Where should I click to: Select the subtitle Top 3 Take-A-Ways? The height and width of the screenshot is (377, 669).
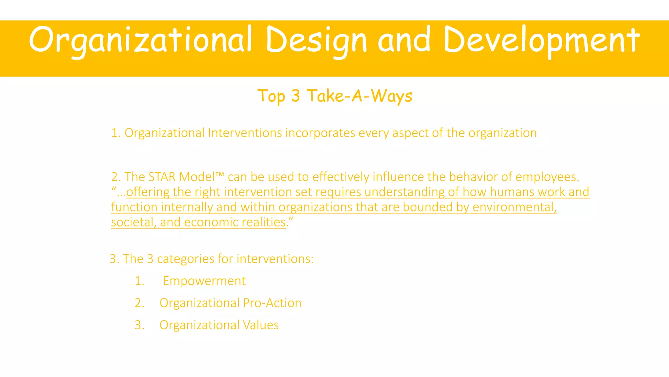pyautogui.click(x=334, y=96)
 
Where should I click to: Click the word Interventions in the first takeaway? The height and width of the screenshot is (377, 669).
pyautogui.click(x=245, y=133)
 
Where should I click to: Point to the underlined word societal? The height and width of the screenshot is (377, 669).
pyautogui.click(x=134, y=222)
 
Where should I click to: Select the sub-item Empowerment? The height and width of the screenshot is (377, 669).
pyautogui.click(x=204, y=281)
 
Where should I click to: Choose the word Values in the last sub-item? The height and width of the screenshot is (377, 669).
pyautogui.click(x=261, y=325)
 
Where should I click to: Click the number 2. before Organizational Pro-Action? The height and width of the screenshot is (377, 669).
pyautogui.click(x=139, y=303)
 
